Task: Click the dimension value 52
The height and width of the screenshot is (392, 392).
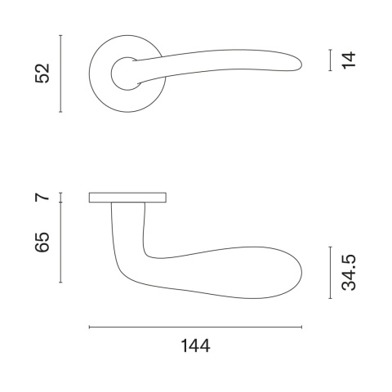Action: (42, 73)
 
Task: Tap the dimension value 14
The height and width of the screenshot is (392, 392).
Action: (350, 60)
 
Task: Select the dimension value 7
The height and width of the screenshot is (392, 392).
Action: (42, 197)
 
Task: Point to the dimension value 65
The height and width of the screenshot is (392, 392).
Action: (42, 243)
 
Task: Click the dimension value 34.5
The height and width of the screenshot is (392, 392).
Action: (349, 273)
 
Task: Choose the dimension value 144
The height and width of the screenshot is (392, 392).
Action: (195, 346)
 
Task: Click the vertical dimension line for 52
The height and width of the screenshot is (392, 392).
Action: (60, 73)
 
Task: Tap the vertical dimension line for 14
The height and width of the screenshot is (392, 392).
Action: (330, 60)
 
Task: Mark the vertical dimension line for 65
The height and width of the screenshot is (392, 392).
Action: (60, 243)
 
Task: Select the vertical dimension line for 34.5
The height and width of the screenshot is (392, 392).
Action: (330, 273)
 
